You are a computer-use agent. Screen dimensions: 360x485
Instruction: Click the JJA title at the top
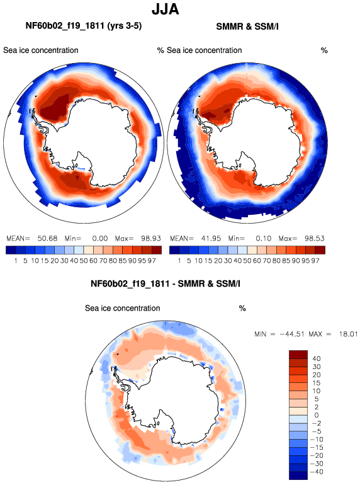pos(166,9)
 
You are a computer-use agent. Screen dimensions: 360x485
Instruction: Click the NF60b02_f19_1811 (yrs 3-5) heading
pos(84,26)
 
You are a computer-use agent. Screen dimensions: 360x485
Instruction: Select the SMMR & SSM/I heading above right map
pos(247,26)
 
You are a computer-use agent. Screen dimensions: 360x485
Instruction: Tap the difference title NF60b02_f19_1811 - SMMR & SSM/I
pos(166,283)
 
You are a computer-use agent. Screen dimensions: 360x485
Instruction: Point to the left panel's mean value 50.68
pos(47,239)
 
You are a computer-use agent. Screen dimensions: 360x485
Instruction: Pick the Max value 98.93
pos(151,239)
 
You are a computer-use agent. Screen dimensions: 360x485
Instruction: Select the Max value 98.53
pos(314,239)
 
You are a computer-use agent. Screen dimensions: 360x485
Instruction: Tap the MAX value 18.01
pos(348,334)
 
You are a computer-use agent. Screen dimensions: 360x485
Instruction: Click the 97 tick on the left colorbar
pos(152,261)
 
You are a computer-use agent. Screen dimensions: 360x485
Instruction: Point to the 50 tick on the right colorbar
pos(247,261)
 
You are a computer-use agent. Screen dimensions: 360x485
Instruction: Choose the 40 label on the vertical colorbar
pos(317,359)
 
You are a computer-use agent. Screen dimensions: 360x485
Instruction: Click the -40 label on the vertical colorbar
pos(315,472)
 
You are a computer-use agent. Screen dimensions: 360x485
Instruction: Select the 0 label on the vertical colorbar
pos(317,415)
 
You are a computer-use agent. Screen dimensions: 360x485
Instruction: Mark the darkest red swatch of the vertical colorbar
pos(298,355)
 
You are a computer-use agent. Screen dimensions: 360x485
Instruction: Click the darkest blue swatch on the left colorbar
pos(11,250)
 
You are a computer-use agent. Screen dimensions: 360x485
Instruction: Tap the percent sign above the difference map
pos(242,309)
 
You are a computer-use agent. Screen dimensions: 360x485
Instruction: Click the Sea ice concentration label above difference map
pos(122,308)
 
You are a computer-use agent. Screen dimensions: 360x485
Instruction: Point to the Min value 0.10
pos(264,239)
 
